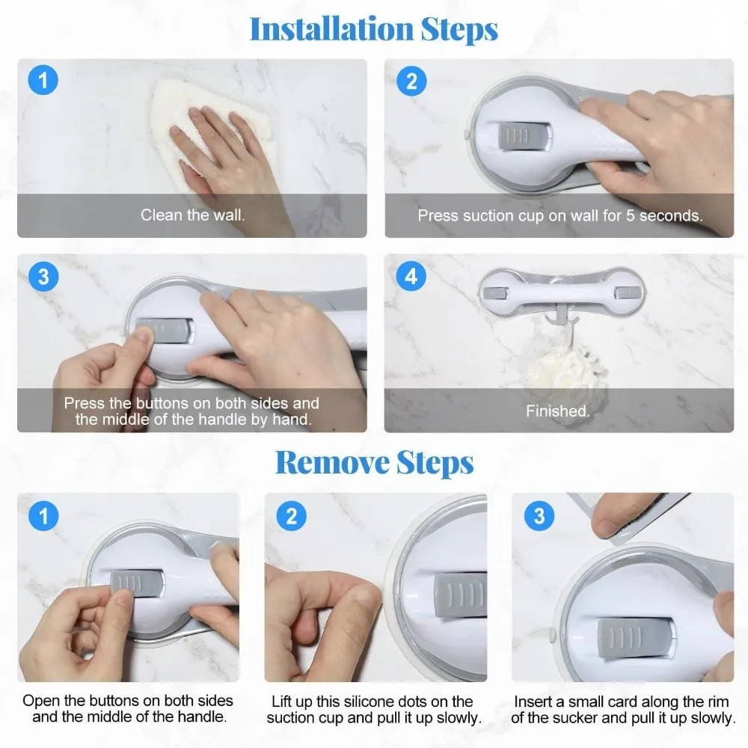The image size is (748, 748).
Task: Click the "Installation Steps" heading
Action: coord(374,30)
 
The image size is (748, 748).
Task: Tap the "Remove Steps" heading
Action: coord(375,463)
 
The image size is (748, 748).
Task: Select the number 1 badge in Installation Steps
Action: coord(43,80)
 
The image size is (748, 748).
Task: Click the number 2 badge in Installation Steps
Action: coord(411,81)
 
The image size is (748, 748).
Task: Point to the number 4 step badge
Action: coord(411,276)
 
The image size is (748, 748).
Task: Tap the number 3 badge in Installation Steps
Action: coord(43,276)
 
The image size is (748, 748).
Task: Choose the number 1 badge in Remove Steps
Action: coord(43,515)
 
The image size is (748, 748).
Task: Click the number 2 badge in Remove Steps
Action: coord(292,515)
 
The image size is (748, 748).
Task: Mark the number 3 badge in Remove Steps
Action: coord(539,515)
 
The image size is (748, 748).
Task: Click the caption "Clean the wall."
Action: coord(192,215)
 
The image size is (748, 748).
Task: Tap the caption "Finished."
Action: coord(558,411)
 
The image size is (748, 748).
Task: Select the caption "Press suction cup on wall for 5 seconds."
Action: coord(560,215)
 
